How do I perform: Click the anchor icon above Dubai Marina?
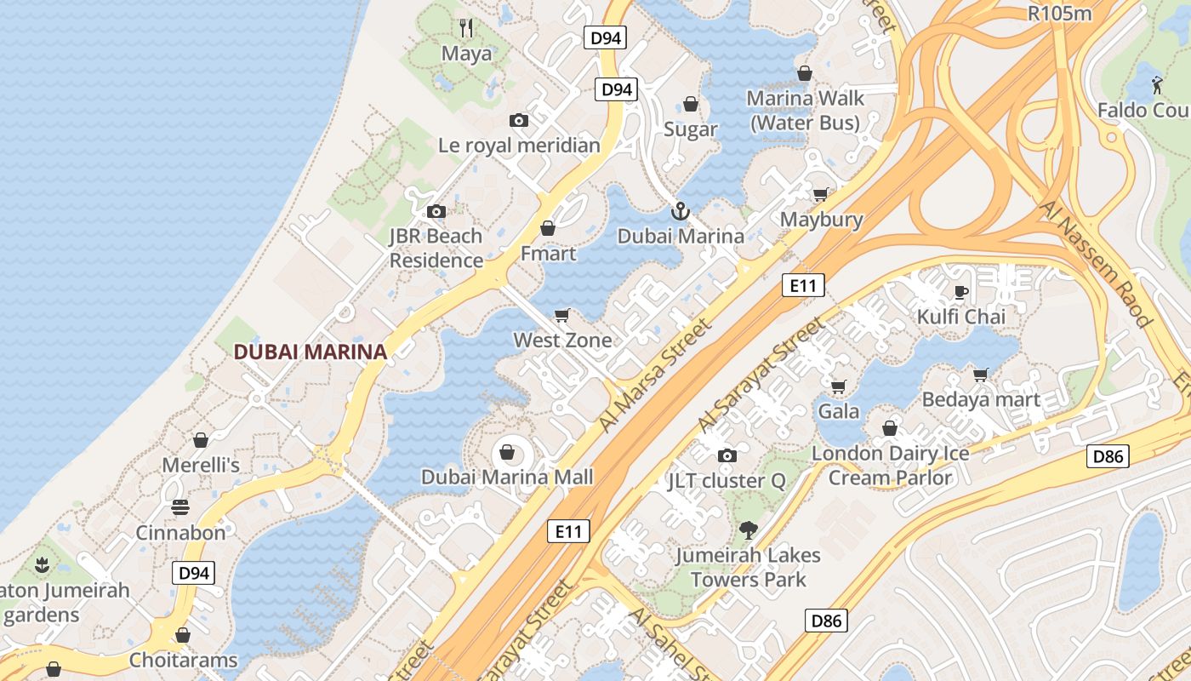pyautogui.click(x=680, y=210)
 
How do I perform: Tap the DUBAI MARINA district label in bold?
pyautogui.click(x=311, y=352)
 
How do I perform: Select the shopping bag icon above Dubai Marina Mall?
pyautogui.click(x=507, y=452)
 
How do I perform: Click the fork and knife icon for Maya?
pyautogui.click(x=466, y=28)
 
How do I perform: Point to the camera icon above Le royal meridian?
pyautogui.click(x=518, y=121)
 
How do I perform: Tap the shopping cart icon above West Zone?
pyautogui.click(x=561, y=316)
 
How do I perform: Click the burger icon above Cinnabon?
pyautogui.click(x=180, y=508)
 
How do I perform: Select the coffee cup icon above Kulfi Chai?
pyautogui.click(x=961, y=293)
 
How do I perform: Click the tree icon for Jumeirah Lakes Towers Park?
pyautogui.click(x=749, y=530)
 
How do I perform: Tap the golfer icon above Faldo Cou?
pyautogui.click(x=1157, y=85)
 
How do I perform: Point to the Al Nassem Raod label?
pyautogui.click(x=1096, y=264)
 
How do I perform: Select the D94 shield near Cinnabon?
pyautogui.click(x=194, y=573)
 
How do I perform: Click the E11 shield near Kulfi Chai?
pyautogui.click(x=803, y=285)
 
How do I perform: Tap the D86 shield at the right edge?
pyautogui.click(x=1108, y=456)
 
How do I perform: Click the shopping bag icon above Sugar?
pyautogui.click(x=691, y=104)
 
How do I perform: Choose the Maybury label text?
pyautogui.click(x=822, y=220)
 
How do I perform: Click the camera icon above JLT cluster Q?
pyautogui.click(x=727, y=456)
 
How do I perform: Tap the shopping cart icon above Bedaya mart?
pyautogui.click(x=981, y=375)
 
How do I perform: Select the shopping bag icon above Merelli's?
pyautogui.click(x=201, y=440)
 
